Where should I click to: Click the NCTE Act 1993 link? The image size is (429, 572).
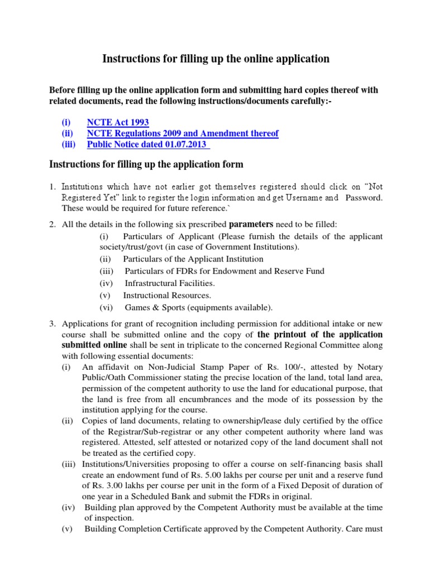pos(118,122)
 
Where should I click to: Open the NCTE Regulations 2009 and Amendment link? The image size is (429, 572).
pos(183,134)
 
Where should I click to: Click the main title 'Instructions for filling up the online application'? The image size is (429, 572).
pos(215,59)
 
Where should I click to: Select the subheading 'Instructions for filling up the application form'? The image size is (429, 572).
pos(146,164)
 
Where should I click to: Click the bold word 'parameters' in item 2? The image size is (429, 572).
pos(250,224)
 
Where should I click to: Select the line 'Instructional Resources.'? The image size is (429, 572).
pos(167,295)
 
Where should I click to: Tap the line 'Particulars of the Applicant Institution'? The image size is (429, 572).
pos(193,259)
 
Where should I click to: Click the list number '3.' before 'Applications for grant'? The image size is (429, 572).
pos(53,323)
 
